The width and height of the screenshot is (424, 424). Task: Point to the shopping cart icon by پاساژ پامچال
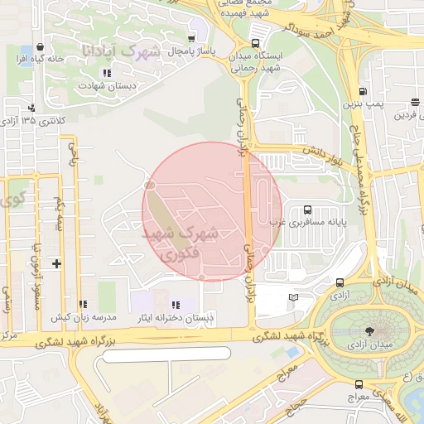pyautogui.click(x=192, y=39)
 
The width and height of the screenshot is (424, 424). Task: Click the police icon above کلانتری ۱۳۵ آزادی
pyautogui.click(x=31, y=108)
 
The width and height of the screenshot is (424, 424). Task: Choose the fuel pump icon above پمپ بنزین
pyautogui.click(x=363, y=91)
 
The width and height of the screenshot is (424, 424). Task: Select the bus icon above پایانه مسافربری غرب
pyautogui.click(x=308, y=210)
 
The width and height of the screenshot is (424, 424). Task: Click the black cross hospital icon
pyautogui.click(x=56, y=263)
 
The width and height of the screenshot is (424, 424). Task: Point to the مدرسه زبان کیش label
pyautogui.click(x=84, y=318)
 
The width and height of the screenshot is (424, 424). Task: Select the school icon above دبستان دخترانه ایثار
pyautogui.click(x=175, y=305)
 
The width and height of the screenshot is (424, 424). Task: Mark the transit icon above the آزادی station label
pyautogui.click(x=340, y=282)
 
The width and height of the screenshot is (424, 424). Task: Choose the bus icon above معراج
pyautogui.click(x=359, y=384)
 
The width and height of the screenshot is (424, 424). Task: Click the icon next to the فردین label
pyautogui.click(x=413, y=103)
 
